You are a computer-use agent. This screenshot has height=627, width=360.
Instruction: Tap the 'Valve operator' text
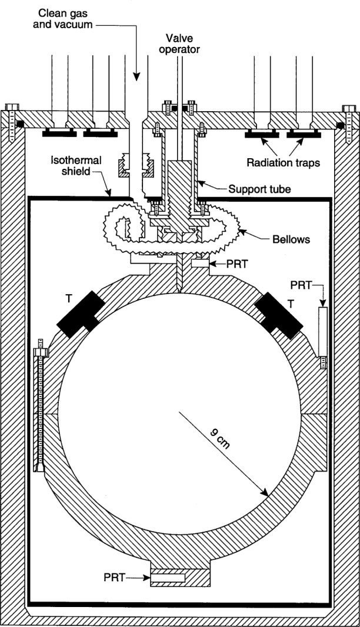coord(182,43)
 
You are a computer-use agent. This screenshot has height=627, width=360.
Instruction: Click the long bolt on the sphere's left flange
coord(41,406)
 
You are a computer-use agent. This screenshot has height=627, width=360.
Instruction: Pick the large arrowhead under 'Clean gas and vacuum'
coord(136,76)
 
